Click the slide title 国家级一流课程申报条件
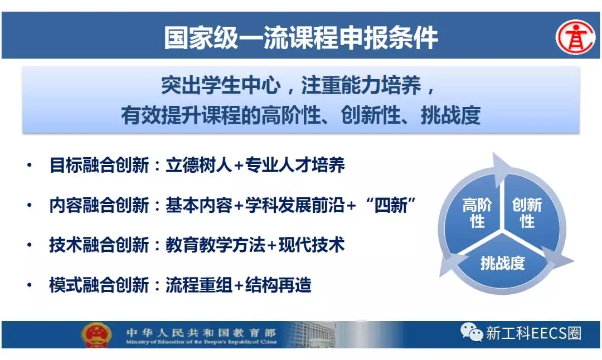pyautogui.click(x=300, y=37)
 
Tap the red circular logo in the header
pyautogui.click(x=575, y=37)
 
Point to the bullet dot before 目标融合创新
pyautogui.click(x=30, y=166)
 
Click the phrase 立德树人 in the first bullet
pyautogui.click(x=199, y=165)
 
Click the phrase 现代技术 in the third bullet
pyautogui.click(x=312, y=245)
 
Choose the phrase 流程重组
pyautogui.click(x=199, y=285)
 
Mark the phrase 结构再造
pyautogui.click(x=278, y=285)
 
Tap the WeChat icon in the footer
pyautogui.click(x=471, y=332)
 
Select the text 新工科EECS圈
pyautogui.click(x=534, y=333)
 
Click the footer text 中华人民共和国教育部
pyautogui.click(x=201, y=332)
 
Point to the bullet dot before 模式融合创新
pyautogui.click(x=30, y=285)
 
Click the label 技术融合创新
pyautogui.click(x=99, y=245)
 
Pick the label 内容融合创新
pyautogui.click(x=99, y=205)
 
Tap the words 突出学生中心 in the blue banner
pyautogui.click(x=221, y=85)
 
